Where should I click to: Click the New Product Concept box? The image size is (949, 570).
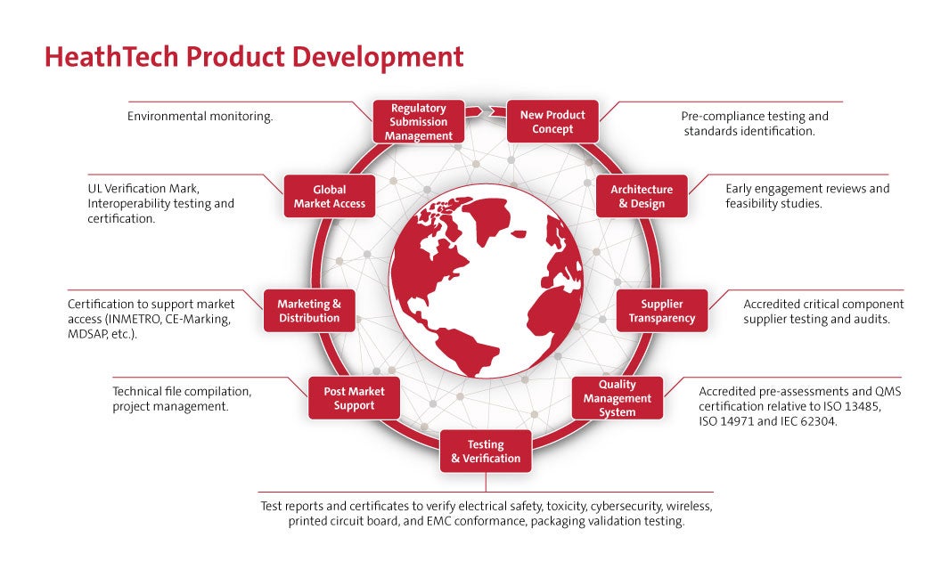[x=552, y=122]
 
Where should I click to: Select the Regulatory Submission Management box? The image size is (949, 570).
[x=419, y=122]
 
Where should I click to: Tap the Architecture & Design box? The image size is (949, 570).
[x=642, y=196]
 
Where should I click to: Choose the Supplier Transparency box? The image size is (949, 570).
[x=662, y=311]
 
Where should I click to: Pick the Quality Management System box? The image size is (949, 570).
[x=618, y=398]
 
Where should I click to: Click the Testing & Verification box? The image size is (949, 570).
[x=486, y=452]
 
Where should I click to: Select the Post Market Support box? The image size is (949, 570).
[x=354, y=398]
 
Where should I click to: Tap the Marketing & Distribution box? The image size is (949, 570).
[x=309, y=311]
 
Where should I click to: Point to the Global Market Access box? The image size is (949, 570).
[x=330, y=196]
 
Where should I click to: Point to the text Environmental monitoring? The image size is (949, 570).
[x=200, y=117]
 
